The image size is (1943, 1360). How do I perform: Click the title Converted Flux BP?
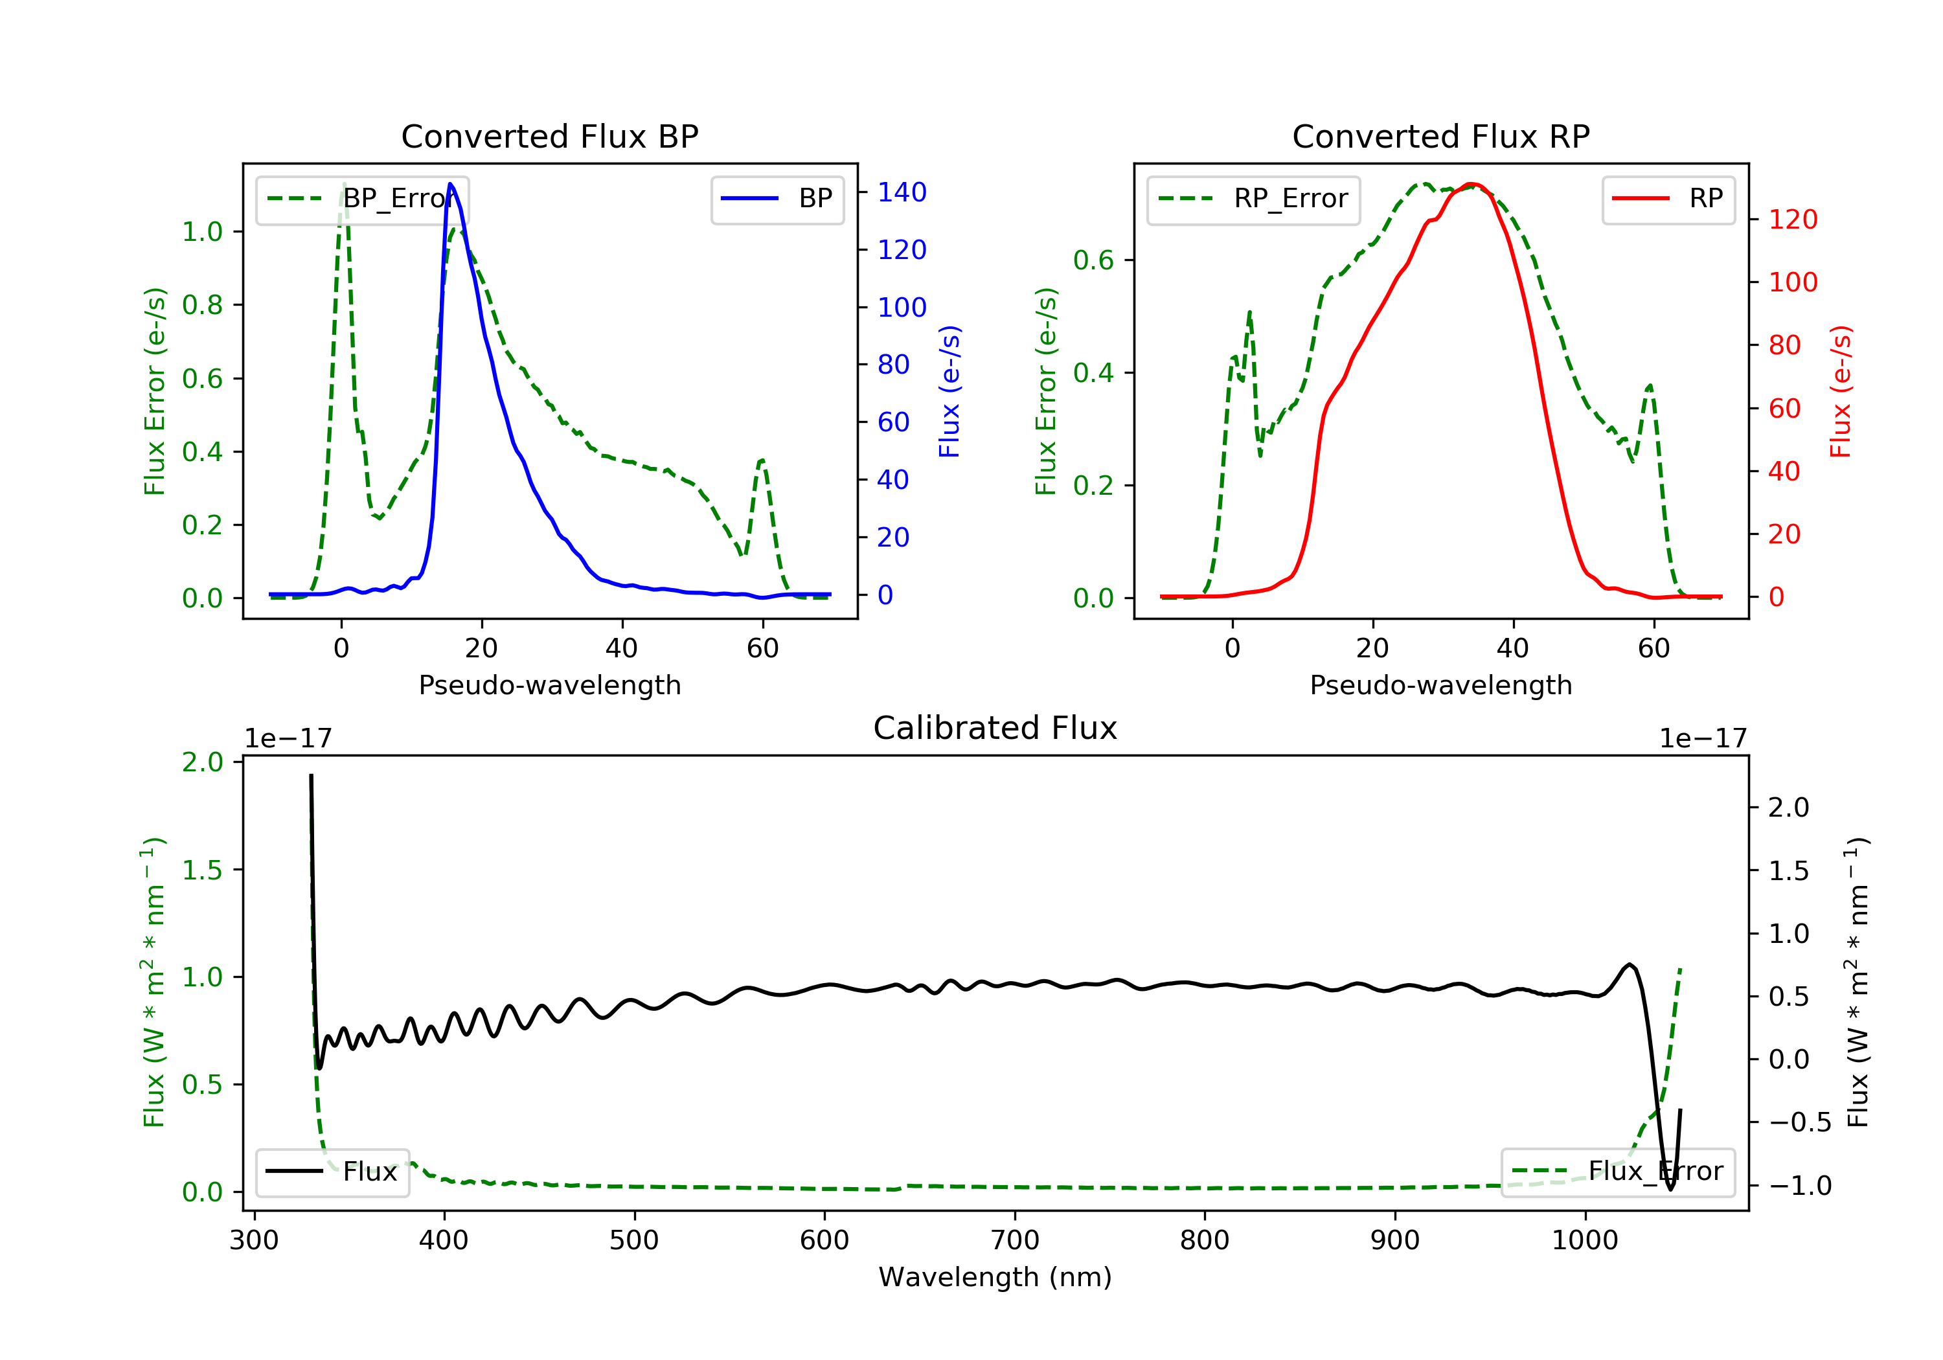(549, 136)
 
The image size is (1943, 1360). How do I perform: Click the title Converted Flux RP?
(1440, 136)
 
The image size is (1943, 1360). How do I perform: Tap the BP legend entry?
(778, 199)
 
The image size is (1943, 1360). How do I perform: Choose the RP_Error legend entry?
(1253, 199)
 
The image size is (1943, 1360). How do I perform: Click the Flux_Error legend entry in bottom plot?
(1617, 1172)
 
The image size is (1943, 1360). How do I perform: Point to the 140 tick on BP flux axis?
(902, 192)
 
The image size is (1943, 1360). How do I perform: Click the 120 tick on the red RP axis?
(1792, 219)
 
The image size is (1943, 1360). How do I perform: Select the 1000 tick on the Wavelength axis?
(1584, 1241)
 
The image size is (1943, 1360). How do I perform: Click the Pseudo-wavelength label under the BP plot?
(549, 685)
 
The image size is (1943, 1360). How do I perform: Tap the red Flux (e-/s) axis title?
(1841, 391)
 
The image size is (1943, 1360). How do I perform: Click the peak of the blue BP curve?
(450, 184)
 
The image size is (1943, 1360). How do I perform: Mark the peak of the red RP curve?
(1471, 184)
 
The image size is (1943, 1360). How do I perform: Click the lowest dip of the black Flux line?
(1670, 1189)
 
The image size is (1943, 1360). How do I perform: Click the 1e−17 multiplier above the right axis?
(1703, 739)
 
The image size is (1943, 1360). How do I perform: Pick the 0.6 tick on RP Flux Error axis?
(1093, 260)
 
